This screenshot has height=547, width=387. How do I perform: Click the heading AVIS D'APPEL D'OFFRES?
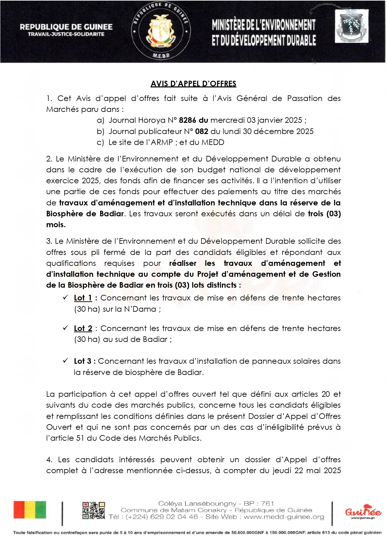[x=193, y=84]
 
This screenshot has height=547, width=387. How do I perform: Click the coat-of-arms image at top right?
[x=352, y=26]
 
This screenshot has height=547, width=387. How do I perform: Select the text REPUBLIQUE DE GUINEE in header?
[x=66, y=27]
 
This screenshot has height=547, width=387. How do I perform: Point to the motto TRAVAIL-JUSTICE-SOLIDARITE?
[x=66, y=34]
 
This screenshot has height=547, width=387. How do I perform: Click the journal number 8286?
[x=188, y=120]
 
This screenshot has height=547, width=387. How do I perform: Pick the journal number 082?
[x=202, y=132]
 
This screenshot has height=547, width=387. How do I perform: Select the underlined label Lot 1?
[x=83, y=298]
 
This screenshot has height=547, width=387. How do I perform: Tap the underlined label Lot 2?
[x=83, y=329]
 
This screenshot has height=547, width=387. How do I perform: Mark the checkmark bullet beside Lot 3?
[x=65, y=361]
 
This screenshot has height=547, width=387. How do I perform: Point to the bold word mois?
[x=56, y=225]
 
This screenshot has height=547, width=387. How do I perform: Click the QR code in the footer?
[x=94, y=510]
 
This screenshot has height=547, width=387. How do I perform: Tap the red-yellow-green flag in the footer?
[x=30, y=510]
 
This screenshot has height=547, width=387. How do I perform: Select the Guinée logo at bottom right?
[x=363, y=511]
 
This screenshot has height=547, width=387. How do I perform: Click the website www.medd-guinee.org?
[x=284, y=517]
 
